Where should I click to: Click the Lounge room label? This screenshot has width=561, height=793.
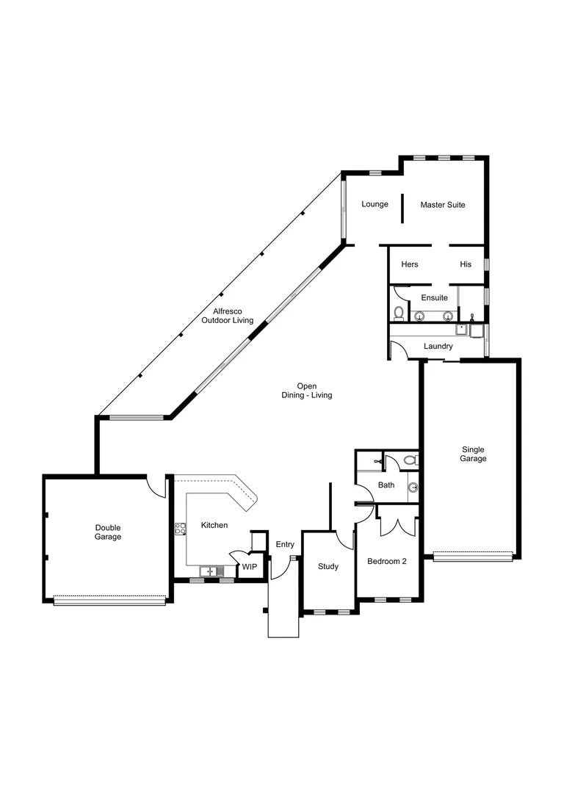tap(374, 204)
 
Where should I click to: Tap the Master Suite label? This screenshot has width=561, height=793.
tap(442, 205)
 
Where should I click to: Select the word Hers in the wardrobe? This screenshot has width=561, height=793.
tap(410, 264)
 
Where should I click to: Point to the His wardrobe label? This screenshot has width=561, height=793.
tap(466, 264)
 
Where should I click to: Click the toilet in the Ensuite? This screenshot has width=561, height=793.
tap(399, 314)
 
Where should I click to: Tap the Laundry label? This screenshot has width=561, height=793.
tap(438, 346)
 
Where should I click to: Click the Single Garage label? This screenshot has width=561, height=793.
tap(474, 454)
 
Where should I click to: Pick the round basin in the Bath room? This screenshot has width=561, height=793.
tap(413, 487)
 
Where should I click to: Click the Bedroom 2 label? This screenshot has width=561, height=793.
tap(387, 561)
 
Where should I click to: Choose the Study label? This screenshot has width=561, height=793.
tap(327, 566)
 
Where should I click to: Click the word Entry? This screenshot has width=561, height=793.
tap(285, 544)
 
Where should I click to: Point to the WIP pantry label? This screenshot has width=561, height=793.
tap(250, 567)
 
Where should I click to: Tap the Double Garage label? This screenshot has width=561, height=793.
tap(108, 532)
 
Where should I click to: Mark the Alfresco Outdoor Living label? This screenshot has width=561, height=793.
tap(228, 316)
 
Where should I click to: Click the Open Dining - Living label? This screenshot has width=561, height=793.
tap(307, 391)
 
